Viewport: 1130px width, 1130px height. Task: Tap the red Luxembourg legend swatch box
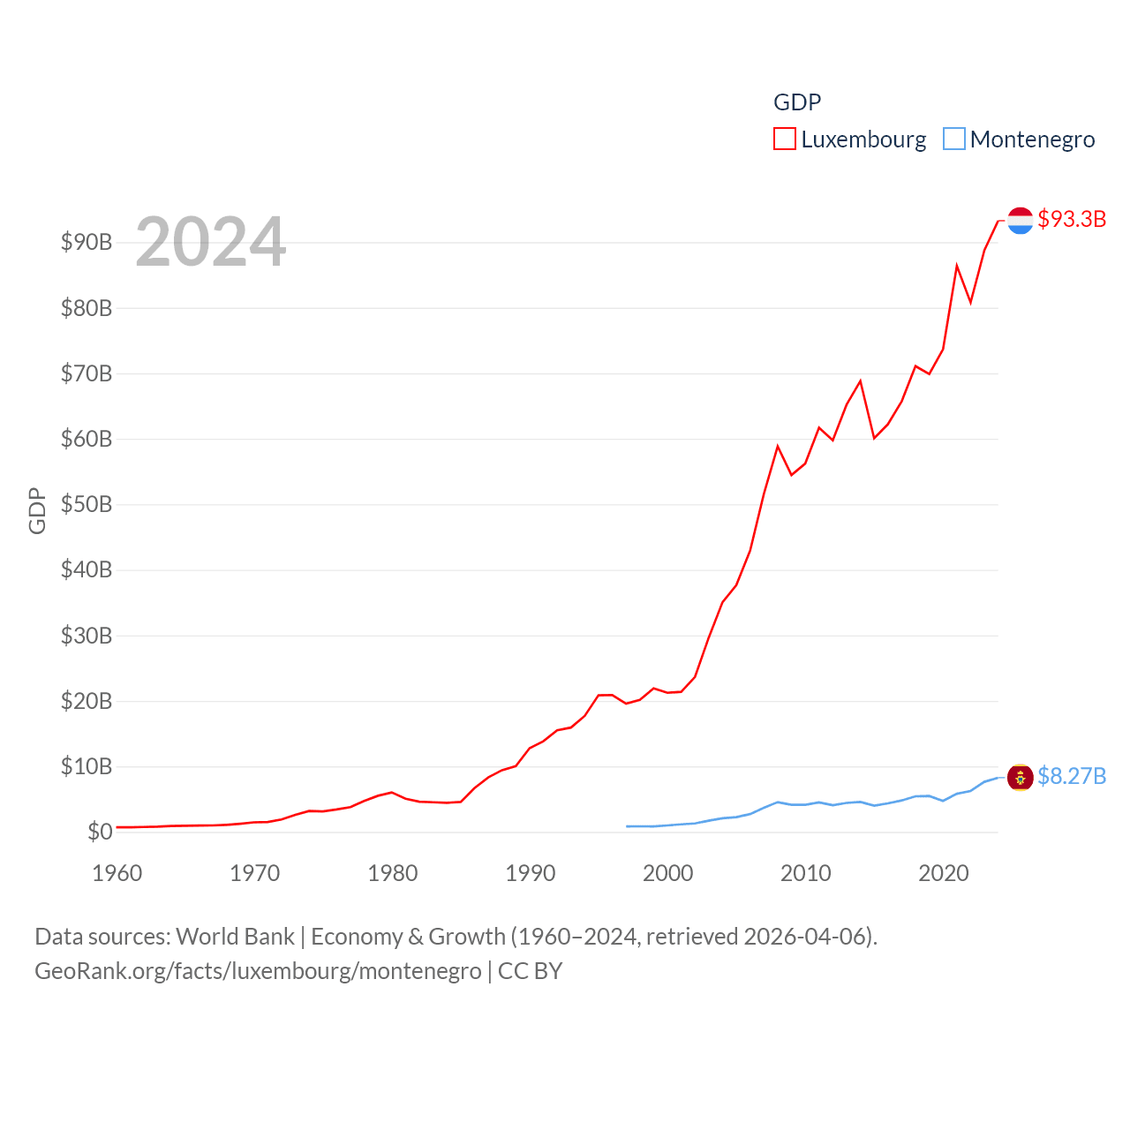(784, 139)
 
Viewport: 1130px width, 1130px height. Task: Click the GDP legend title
(797, 102)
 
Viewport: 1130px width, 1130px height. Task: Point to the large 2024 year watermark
(211, 242)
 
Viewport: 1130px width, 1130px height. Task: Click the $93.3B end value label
(1072, 219)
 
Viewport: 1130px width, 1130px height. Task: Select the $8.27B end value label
(1072, 776)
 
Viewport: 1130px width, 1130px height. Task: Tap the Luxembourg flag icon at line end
(1020, 221)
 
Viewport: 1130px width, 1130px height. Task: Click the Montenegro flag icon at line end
(1020, 777)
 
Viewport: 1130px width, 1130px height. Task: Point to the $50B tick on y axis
(87, 504)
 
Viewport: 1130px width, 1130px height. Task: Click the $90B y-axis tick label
(87, 242)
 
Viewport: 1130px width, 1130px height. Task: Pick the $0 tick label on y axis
(100, 832)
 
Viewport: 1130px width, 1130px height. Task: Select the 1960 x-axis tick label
(117, 873)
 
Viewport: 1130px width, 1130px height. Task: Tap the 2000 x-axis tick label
(668, 873)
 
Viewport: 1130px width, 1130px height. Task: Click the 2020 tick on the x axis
(944, 873)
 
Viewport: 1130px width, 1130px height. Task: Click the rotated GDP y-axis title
(37, 510)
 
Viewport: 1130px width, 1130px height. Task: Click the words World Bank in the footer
(235, 936)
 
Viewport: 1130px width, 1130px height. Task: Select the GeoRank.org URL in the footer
(258, 971)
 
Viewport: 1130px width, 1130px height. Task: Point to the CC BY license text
(531, 971)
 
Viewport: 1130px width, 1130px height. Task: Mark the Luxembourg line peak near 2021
(957, 266)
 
